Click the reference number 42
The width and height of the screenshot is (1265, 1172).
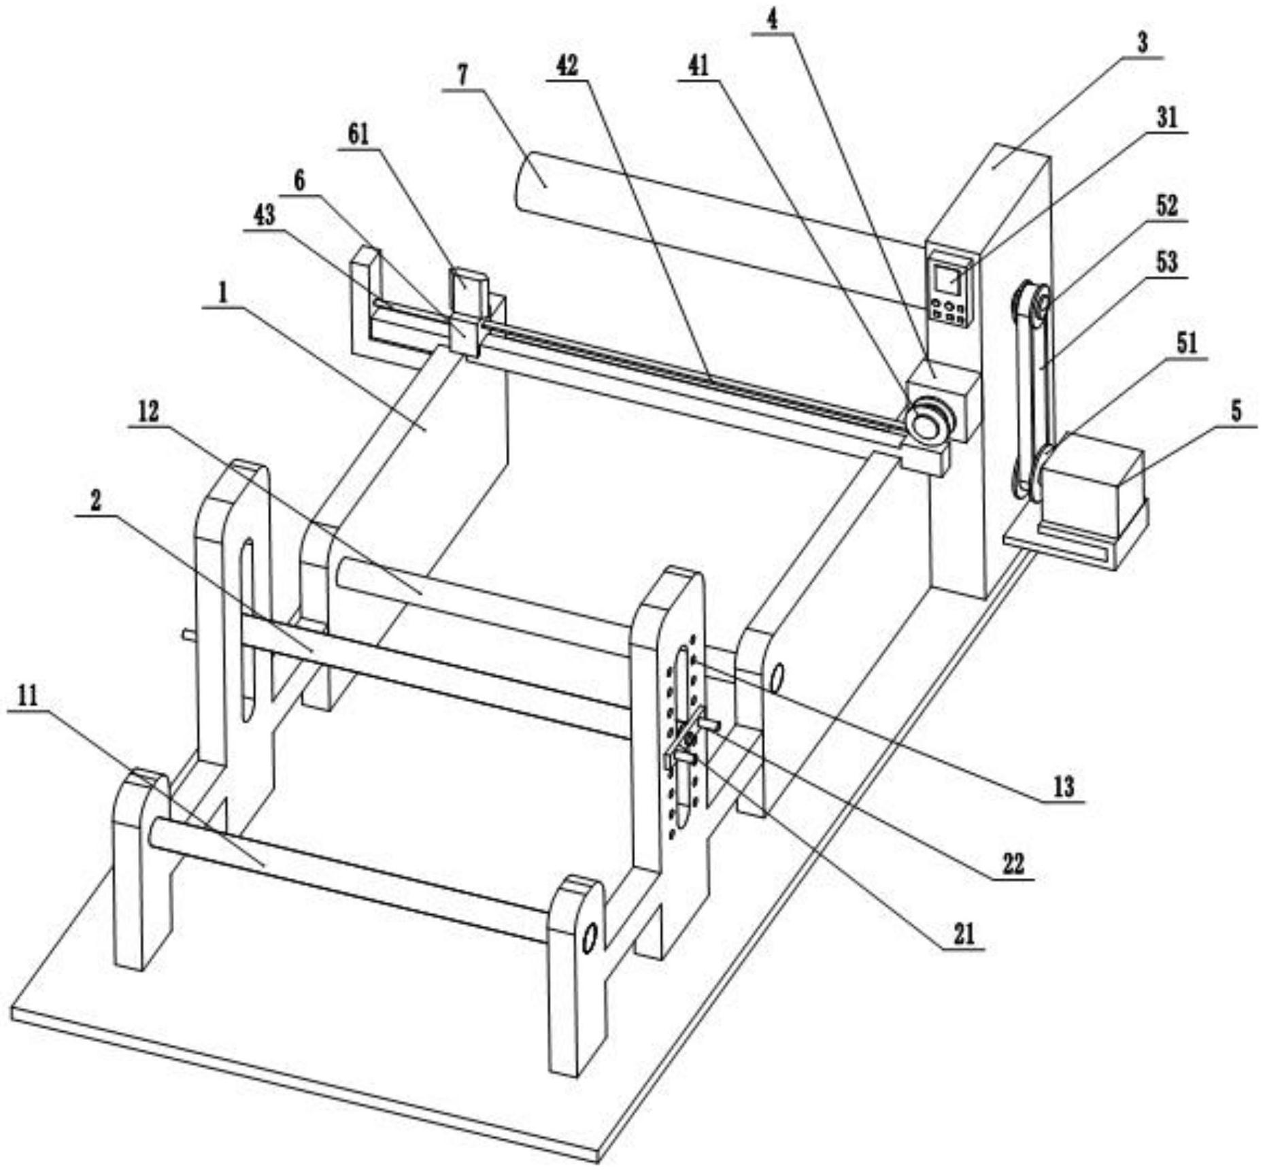[567, 65]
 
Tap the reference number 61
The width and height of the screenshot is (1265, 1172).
[358, 134]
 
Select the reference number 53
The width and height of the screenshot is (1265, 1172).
[1166, 261]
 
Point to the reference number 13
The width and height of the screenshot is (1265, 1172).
[1064, 786]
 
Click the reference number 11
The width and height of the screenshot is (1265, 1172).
[28, 696]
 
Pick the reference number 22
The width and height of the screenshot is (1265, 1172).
[1013, 864]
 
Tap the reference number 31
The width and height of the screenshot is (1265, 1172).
[1166, 118]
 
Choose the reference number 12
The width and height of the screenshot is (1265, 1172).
[148, 411]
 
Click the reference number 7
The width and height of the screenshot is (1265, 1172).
[462, 75]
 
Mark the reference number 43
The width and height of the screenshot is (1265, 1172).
[264, 216]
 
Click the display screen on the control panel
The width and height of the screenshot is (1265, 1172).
[947, 279]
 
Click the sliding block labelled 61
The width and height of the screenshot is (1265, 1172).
[467, 313]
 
